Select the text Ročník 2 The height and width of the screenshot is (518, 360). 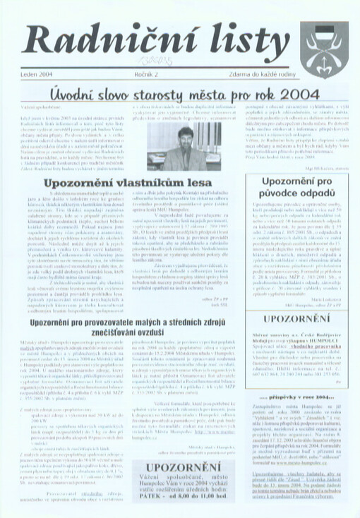[146, 74]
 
